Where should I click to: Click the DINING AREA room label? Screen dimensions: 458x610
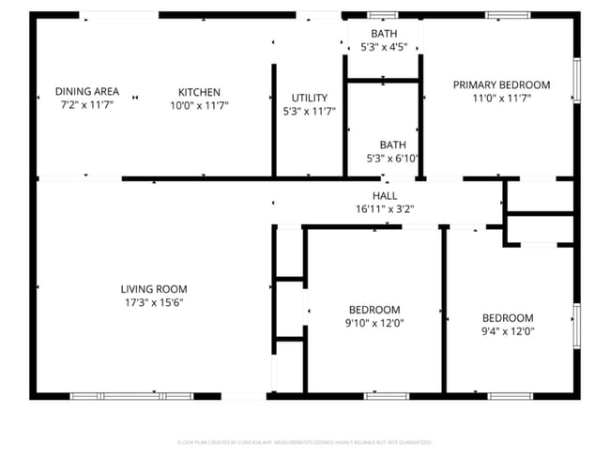click(86, 91)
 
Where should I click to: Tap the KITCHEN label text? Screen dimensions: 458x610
click(199, 92)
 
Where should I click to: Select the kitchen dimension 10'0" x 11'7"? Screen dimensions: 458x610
click(199, 105)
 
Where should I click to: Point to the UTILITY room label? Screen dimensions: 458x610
click(309, 98)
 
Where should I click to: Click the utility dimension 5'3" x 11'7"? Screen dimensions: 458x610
click(309, 111)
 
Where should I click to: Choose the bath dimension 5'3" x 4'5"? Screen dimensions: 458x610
click(383, 47)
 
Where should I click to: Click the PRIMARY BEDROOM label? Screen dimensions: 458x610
click(501, 84)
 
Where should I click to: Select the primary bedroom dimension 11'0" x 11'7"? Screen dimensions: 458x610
click(501, 98)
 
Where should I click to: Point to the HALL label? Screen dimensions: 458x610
click(385, 196)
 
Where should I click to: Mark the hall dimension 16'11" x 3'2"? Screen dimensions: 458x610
click(385, 209)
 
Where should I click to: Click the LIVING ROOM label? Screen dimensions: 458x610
click(154, 289)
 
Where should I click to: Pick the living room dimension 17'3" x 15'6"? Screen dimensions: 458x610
click(154, 302)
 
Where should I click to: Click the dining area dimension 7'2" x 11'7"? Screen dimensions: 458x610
click(86, 105)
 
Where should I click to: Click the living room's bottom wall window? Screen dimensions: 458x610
click(131, 396)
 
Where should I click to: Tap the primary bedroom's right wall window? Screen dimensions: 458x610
click(576, 81)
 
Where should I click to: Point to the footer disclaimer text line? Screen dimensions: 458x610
click(304, 442)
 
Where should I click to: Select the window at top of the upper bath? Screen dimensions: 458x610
click(382, 15)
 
